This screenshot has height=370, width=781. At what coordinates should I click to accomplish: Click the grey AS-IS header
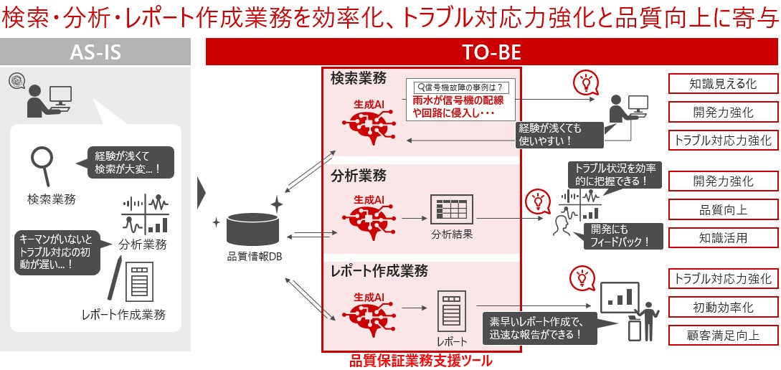coord(95,52)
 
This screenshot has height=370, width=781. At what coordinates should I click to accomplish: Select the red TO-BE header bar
coord(493,52)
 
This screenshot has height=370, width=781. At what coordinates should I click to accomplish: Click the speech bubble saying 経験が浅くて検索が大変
coord(129,163)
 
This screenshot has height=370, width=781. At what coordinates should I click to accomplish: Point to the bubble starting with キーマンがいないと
coord(55,250)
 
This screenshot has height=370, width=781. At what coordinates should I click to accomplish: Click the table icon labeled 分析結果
coord(452,209)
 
